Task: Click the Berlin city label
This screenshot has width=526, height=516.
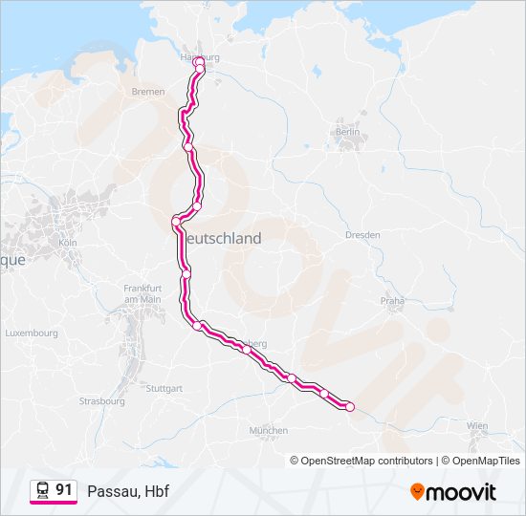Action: [x=346, y=132]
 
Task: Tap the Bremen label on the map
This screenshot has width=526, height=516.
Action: [x=149, y=92]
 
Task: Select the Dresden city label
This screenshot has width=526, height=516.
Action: [x=363, y=234]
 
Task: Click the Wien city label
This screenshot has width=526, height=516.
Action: [x=476, y=425]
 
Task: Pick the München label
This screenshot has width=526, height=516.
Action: [x=268, y=431]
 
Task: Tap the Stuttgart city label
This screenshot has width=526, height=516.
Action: [x=164, y=389]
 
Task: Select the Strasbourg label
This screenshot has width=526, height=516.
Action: [x=102, y=401]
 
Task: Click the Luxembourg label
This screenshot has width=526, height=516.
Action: [x=33, y=333]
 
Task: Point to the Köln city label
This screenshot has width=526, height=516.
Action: [x=67, y=243]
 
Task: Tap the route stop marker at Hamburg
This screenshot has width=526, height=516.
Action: [x=200, y=67]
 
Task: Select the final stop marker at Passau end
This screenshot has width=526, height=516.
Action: [x=349, y=407]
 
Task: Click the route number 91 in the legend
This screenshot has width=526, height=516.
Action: [x=64, y=489]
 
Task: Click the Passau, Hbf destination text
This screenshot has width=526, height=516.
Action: [x=121, y=491]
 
